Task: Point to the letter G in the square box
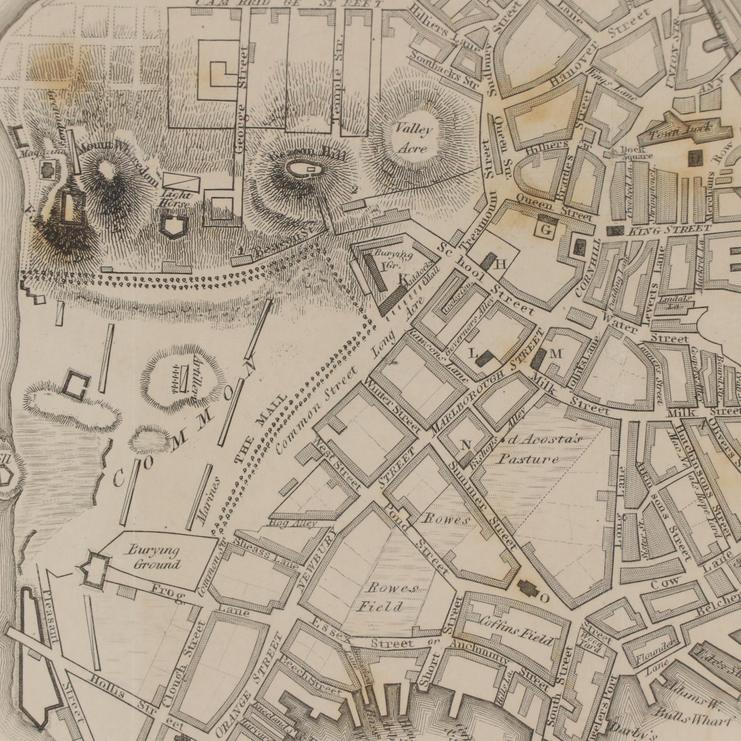click(547, 230)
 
